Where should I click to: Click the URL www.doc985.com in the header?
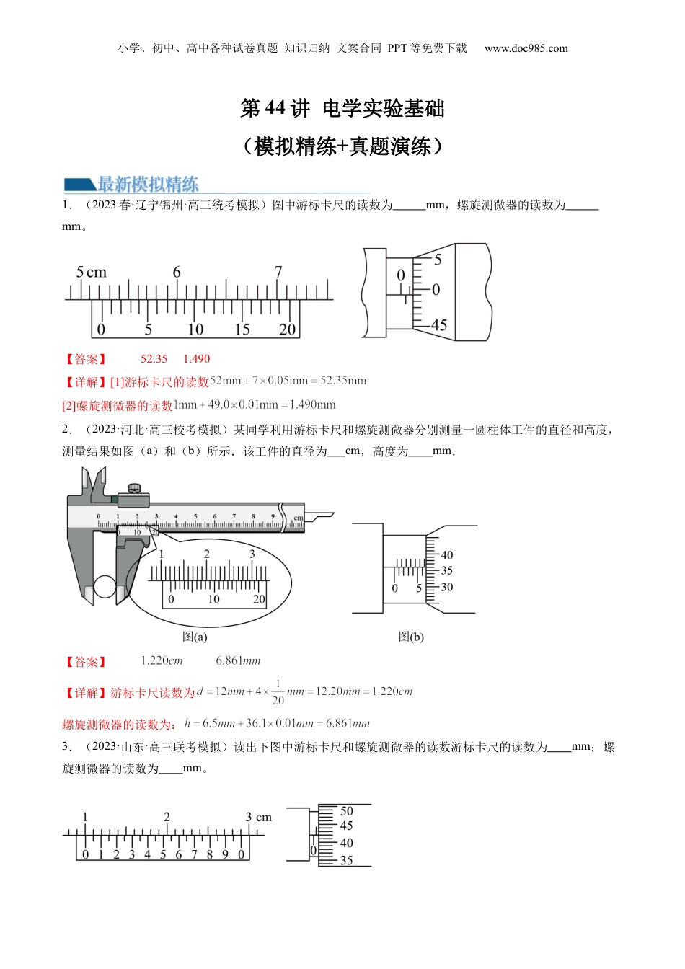[x=526, y=48]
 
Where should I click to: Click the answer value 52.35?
[x=154, y=358]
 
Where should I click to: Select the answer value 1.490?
[x=196, y=358]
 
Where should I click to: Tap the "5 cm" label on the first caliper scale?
[x=92, y=273]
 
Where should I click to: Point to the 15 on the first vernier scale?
[x=242, y=329]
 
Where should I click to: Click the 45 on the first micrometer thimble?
[x=439, y=325]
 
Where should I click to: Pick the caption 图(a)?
[x=195, y=637]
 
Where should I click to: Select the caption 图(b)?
[x=411, y=637]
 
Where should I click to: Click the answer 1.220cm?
[x=162, y=660]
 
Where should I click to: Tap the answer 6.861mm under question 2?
[x=238, y=660]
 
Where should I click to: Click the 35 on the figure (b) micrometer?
[x=447, y=570]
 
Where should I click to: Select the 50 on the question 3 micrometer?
[x=347, y=811]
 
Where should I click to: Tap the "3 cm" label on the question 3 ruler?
[x=258, y=817]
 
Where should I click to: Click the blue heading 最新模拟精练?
[x=148, y=184]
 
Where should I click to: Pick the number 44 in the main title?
[x=275, y=108]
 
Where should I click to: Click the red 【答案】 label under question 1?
[x=85, y=359]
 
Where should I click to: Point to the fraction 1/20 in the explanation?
[x=278, y=691]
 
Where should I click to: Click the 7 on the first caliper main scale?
[x=278, y=272]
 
